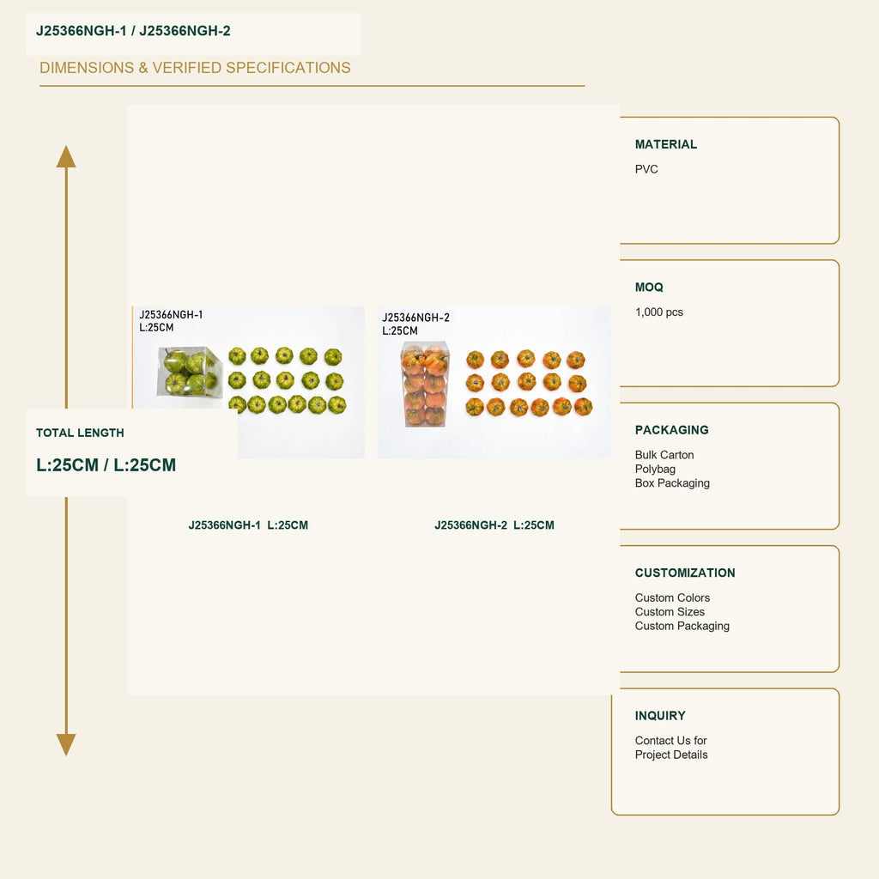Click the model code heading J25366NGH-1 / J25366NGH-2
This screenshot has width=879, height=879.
click(133, 31)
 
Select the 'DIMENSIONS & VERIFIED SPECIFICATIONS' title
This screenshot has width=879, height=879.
click(195, 68)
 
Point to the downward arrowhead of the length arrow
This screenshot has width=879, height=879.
click(66, 745)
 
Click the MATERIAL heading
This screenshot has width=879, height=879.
click(666, 144)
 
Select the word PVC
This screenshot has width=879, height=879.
click(646, 169)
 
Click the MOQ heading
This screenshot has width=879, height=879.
click(649, 288)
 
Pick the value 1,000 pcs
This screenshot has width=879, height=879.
click(659, 312)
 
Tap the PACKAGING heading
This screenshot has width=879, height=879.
click(671, 430)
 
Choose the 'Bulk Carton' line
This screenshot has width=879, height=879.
click(664, 455)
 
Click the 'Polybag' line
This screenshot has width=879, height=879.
click(655, 470)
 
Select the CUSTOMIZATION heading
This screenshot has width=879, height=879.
click(685, 573)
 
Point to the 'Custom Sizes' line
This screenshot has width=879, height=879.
click(670, 611)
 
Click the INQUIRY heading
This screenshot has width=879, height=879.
click(660, 716)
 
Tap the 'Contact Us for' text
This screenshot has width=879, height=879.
click(671, 741)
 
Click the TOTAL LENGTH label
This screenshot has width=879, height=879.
click(80, 433)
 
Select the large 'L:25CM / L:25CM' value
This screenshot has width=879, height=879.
click(106, 464)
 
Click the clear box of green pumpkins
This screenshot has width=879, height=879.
click(190, 372)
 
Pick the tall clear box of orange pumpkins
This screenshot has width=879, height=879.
click(425, 385)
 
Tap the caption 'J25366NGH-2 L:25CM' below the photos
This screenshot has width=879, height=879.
click(494, 525)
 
